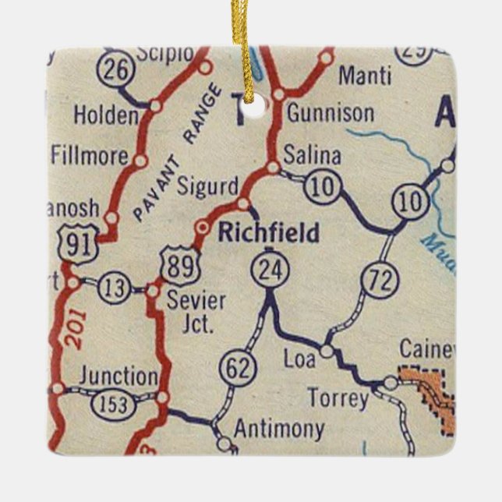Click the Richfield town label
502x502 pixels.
(268, 232)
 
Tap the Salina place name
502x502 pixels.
(312, 155)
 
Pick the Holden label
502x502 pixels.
(105, 115)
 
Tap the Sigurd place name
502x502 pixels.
(207, 188)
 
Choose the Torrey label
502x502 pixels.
(338, 399)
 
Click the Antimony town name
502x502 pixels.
(278, 429)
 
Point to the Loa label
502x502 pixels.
(299, 360)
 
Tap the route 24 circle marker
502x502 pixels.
(270, 271)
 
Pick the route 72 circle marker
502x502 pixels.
(381, 282)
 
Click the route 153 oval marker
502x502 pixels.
(115, 404)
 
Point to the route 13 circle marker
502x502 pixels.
(114, 288)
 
